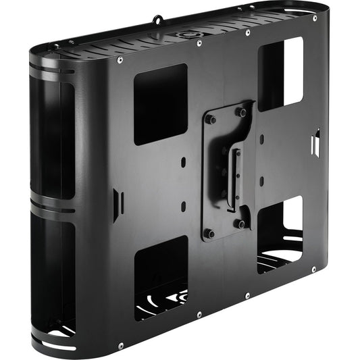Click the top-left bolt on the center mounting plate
[210, 119]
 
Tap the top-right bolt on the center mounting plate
[242, 111]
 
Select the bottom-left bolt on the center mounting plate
[211, 234]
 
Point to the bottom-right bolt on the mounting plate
[242, 224]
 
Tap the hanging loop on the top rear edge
[158, 19]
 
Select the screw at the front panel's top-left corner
[120, 60]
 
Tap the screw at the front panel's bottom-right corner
[314, 269]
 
